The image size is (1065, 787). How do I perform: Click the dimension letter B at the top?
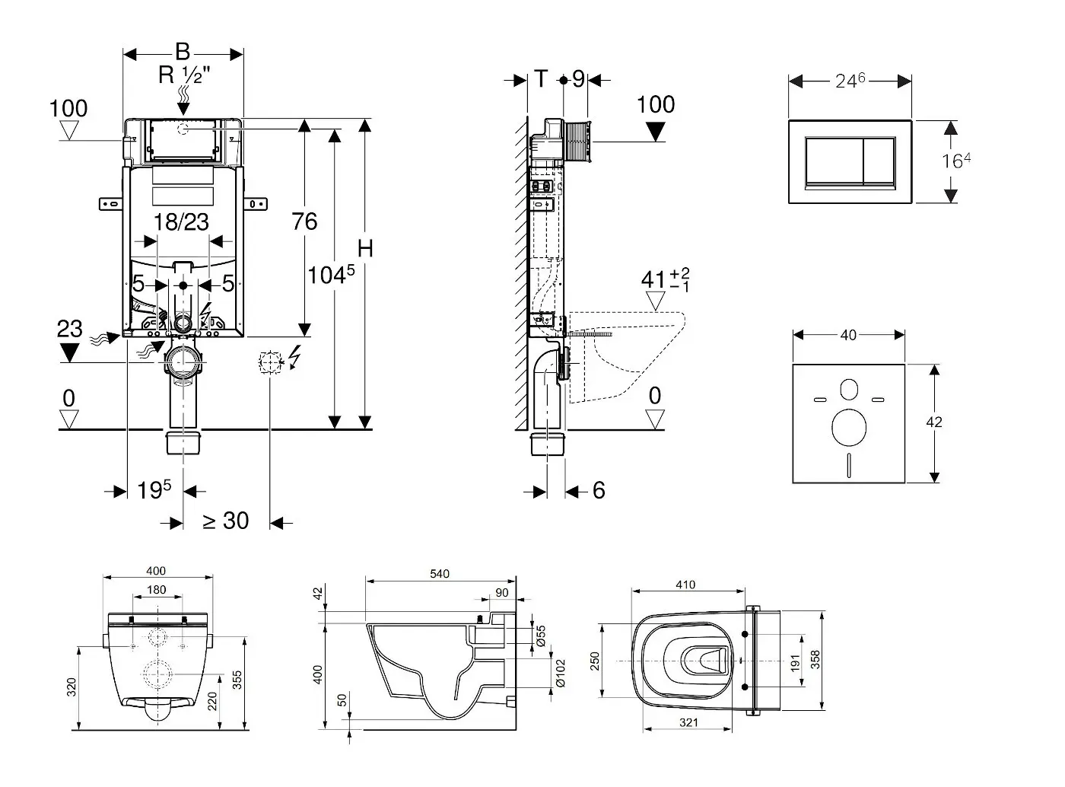click(x=183, y=52)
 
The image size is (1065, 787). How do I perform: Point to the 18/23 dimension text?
click(x=181, y=222)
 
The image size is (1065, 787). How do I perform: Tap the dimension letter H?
click(x=366, y=249)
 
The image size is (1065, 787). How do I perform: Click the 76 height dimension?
click(x=304, y=221)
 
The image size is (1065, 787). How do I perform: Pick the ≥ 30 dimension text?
click(x=225, y=521)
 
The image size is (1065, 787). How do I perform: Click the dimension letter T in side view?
click(x=540, y=78)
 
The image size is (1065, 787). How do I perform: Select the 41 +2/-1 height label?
click(x=664, y=279)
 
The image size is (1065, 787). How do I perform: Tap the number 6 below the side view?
click(x=599, y=491)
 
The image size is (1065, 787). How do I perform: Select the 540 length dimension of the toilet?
click(x=440, y=574)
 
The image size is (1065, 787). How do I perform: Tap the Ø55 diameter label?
click(x=541, y=636)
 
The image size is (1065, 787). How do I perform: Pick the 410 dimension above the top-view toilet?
click(x=685, y=585)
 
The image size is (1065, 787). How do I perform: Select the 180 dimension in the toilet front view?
click(x=156, y=590)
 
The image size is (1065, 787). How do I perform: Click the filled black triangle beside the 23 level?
click(x=69, y=352)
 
